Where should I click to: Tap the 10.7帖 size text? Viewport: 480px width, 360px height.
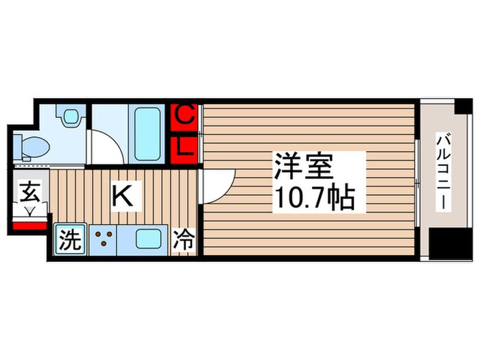tap(314, 198)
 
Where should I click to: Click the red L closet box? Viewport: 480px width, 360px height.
tap(184, 145)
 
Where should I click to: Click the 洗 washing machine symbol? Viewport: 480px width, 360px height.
tap(69, 241)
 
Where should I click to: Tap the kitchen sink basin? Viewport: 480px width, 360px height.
tap(149, 240)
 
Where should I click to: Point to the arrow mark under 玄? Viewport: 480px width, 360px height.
tap(29, 210)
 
